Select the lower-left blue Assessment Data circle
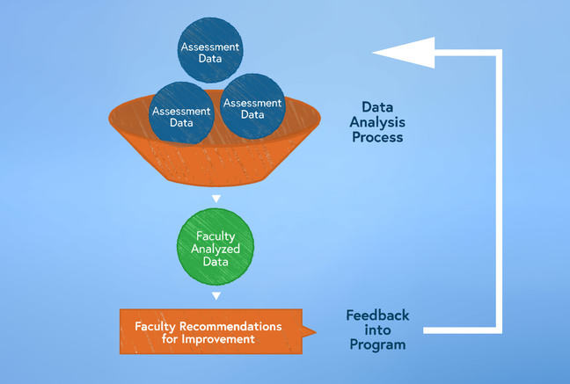pyautogui.click(x=181, y=117)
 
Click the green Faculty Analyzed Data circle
pyautogui.click(x=216, y=247)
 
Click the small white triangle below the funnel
pyautogui.click(x=216, y=197)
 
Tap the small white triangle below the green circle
pyautogui.click(x=216, y=295)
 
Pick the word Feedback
pyautogui.click(x=377, y=315)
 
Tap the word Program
pyautogui.click(x=377, y=344)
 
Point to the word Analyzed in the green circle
pyautogui.click(x=216, y=248)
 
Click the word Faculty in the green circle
pyautogui.click(x=216, y=235)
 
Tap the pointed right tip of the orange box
pyautogui.click(x=314, y=332)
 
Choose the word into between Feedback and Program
pyautogui.click(x=377, y=330)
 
